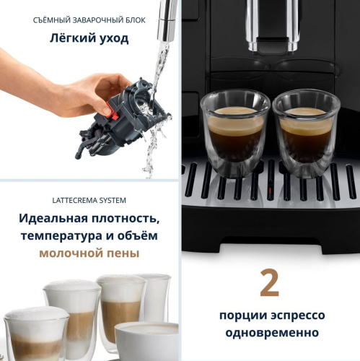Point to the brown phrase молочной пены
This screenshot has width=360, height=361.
coord(89,253)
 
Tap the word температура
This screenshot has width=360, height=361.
coord(62,235)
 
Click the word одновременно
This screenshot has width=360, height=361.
coord(270,333)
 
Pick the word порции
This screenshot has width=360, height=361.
coord(242,316)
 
